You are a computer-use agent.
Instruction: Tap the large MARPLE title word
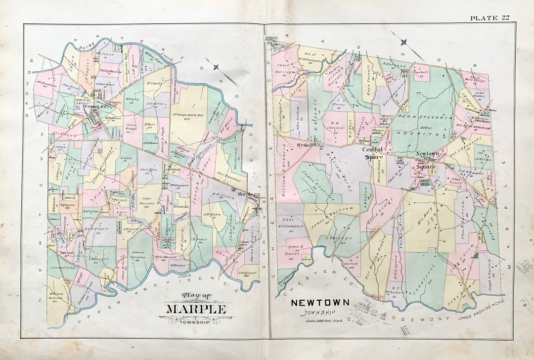196,310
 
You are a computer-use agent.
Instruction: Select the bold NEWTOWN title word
320,302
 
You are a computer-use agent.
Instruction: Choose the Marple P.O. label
249,195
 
